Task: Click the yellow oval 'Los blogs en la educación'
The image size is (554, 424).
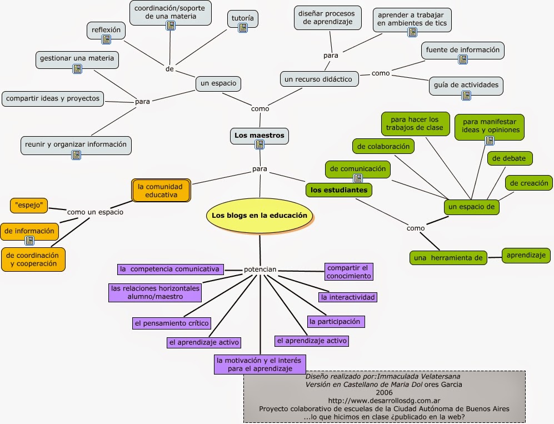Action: pyautogui.click(x=259, y=216)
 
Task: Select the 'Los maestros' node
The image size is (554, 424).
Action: pyautogui.click(x=259, y=136)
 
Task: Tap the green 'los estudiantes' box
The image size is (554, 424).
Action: pyautogui.click(x=339, y=190)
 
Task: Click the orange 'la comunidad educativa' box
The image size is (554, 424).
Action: pyautogui.click(x=161, y=191)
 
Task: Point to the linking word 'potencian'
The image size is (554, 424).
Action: pyautogui.click(x=260, y=270)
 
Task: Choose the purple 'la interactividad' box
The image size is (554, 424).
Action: pyautogui.click(x=348, y=297)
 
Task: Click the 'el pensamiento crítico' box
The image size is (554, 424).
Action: pyautogui.click(x=172, y=323)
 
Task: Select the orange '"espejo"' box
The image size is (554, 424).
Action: pyautogui.click(x=29, y=205)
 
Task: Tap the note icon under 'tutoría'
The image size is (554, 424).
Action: pyautogui.click(x=243, y=28)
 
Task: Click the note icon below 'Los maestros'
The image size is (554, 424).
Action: pyautogui.click(x=259, y=144)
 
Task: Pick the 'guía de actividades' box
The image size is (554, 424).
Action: pyautogui.click(x=466, y=86)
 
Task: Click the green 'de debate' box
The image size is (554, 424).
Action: pyautogui.click(x=509, y=158)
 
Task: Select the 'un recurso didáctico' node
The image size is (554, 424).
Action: pyautogui.click(x=319, y=79)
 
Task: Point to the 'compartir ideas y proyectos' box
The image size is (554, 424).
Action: pyautogui.click(x=53, y=98)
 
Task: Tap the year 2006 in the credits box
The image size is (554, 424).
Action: pyautogui.click(x=384, y=392)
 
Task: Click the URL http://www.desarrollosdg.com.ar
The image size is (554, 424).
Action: pyautogui.click(x=384, y=401)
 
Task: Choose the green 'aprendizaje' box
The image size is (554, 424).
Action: pyautogui.click(x=526, y=256)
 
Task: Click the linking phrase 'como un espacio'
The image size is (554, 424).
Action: pyautogui.click(x=96, y=212)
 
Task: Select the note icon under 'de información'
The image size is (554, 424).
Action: pyautogui.click(x=29, y=241)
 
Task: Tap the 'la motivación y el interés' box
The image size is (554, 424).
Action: pyautogui.click(x=259, y=365)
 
